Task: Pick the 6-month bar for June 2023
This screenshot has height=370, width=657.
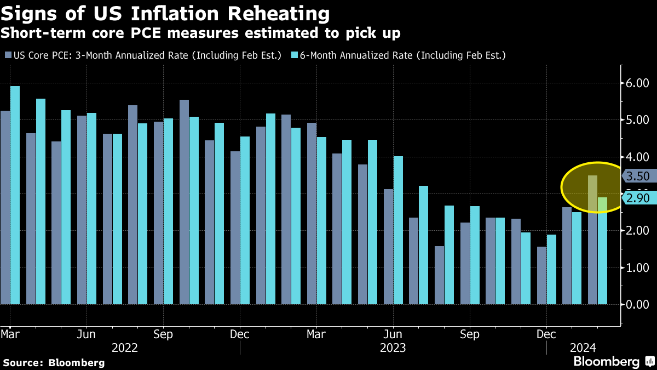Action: (x=398, y=230)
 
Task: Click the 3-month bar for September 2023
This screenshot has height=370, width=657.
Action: (x=465, y=263)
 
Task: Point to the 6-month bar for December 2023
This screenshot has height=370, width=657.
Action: (x=551, y=269)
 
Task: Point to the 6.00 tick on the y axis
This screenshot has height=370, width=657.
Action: (x=637, y=83)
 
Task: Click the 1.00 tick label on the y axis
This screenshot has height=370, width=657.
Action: (x=637, y=267)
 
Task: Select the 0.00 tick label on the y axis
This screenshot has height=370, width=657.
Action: (x=637, y=304)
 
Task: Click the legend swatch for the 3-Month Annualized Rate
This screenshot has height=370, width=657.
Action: (x=8, y=55)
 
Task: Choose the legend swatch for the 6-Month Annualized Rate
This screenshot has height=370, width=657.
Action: (x=294, y=55)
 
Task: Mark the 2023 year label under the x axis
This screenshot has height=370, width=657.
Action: (x=393, y=348)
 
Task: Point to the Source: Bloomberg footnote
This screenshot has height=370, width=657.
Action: (x=54, y=362)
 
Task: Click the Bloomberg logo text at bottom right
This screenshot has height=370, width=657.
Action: (x=606, y=362)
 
